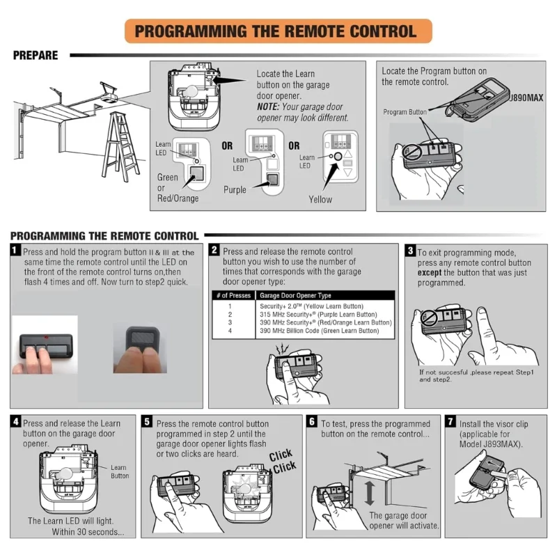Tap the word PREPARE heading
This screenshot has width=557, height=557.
coord(36,56)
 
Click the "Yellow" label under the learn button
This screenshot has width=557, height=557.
coord(320,200)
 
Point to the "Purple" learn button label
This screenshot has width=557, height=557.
coord(235,190)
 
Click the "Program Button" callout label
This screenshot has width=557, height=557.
coord(405,112)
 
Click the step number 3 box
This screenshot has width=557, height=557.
coord(411,251)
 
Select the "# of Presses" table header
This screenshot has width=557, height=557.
coord(232,295)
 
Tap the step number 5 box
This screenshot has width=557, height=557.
coord(147,422)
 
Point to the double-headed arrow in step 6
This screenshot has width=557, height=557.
coord(370,491)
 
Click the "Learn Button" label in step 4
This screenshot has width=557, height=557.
coord(120,472)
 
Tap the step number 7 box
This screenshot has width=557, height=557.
coord(450,422)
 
